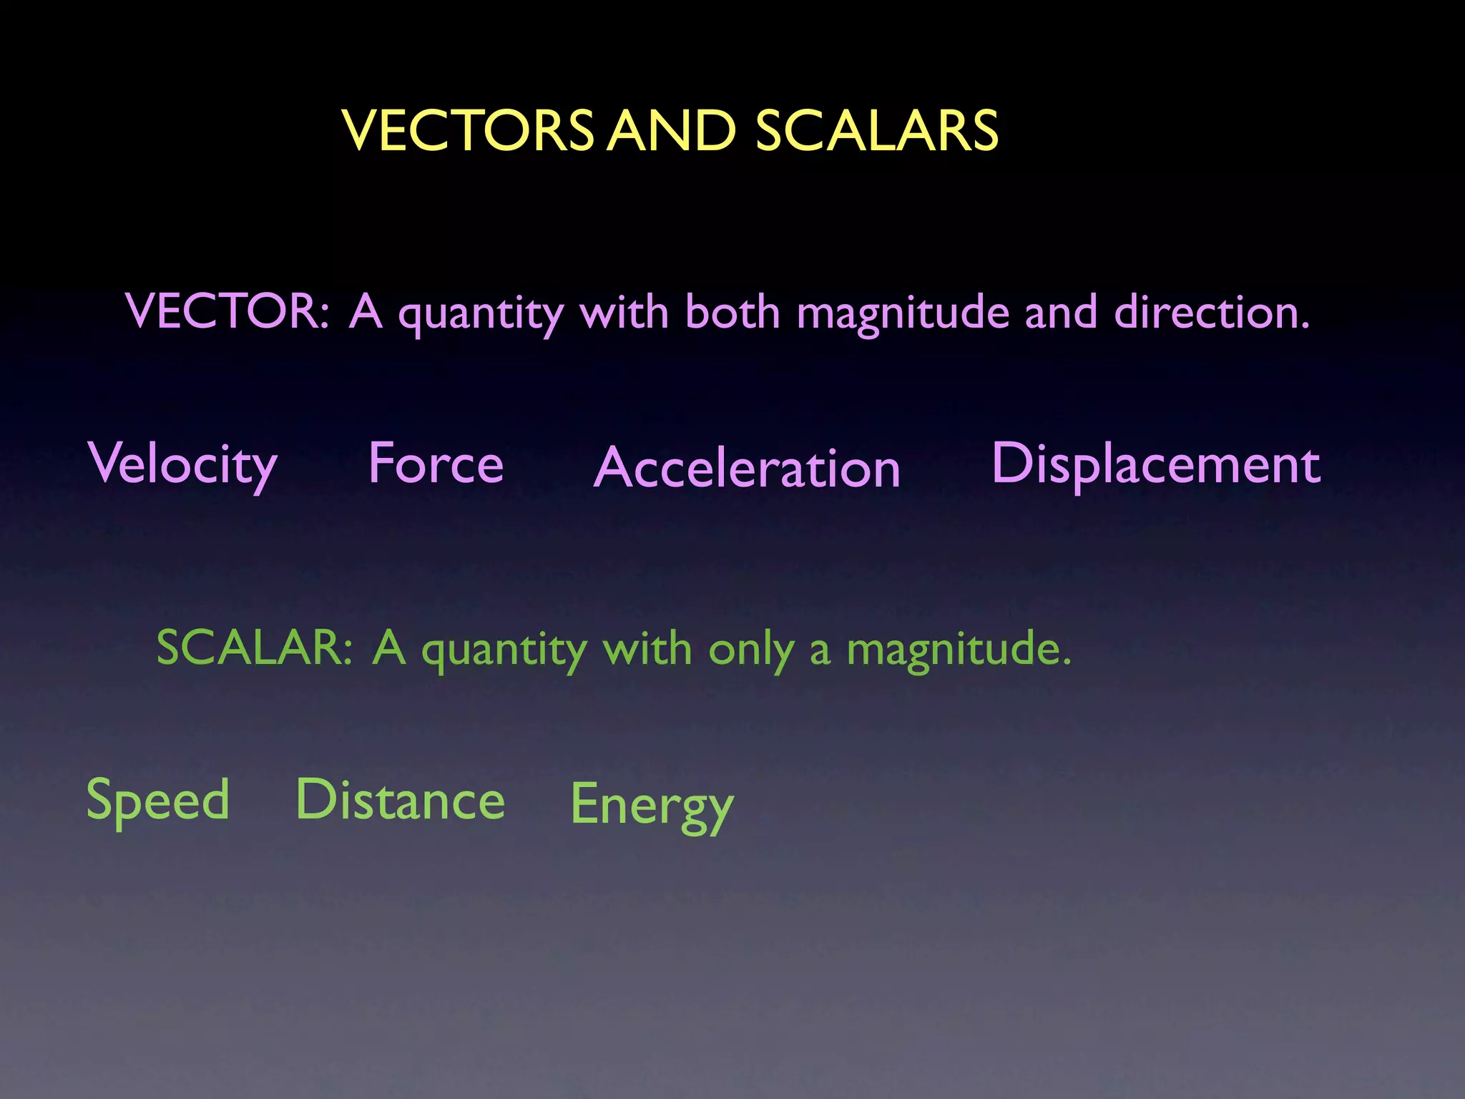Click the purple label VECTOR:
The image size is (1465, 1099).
[227, 312]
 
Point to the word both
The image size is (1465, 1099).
[732, 312]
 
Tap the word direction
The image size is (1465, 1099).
[1211, 312]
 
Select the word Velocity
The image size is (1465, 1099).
[182, 465]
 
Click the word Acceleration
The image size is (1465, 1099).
[747, 468]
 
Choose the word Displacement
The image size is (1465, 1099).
[1155, 465]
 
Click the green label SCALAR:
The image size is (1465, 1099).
[255, 648]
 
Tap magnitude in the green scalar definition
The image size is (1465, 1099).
[959, 650]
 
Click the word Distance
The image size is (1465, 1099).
[401, 800]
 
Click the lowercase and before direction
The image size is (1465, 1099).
[1060, 312]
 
